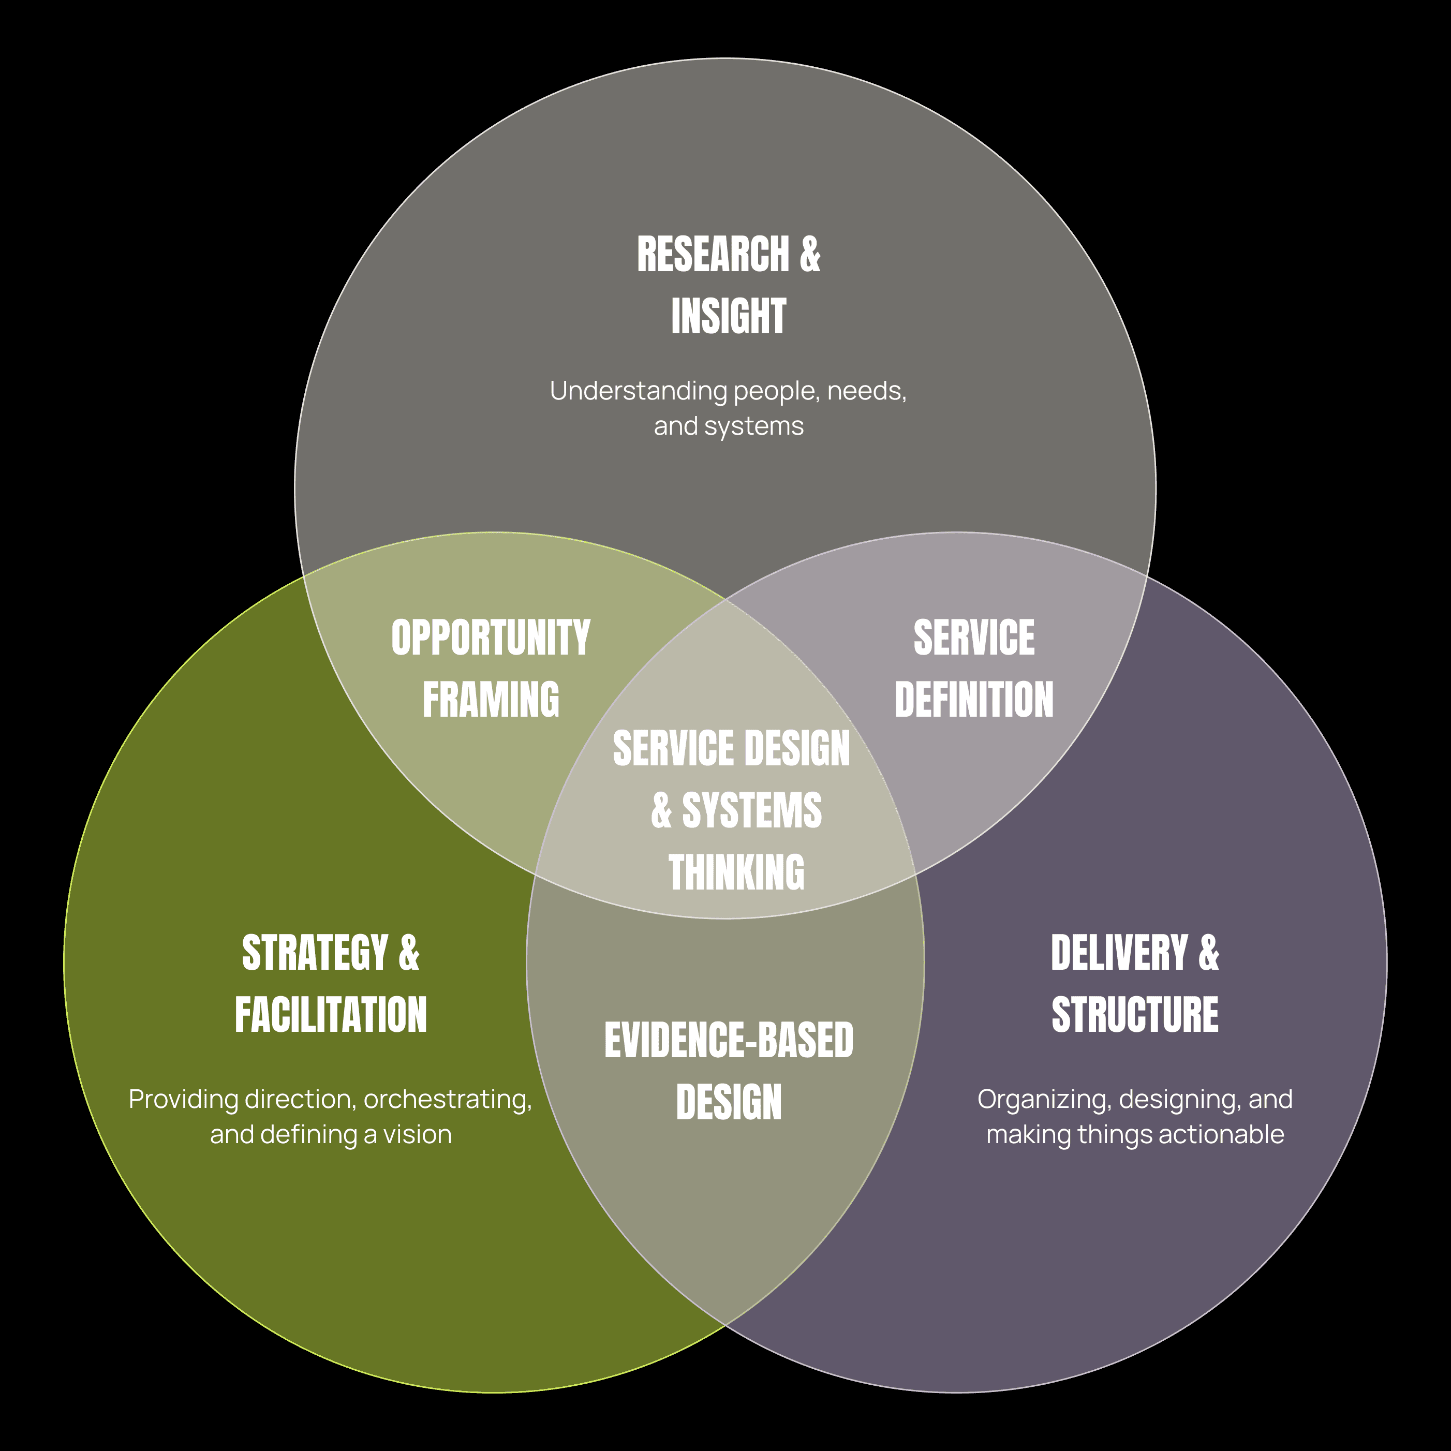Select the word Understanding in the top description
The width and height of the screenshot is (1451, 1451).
639,391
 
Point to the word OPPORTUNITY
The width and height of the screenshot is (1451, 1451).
491,639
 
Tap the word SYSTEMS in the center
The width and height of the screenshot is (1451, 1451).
751,811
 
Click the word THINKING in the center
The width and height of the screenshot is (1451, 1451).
736,872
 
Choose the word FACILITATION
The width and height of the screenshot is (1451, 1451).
331,1015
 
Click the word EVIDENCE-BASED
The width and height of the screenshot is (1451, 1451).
729,1041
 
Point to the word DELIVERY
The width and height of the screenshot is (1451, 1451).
1119,954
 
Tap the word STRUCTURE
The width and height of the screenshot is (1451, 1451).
1135,1015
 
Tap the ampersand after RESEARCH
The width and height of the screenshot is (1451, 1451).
810,255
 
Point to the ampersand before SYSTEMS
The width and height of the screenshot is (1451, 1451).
661,811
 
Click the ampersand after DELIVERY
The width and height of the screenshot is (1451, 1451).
1208,954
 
